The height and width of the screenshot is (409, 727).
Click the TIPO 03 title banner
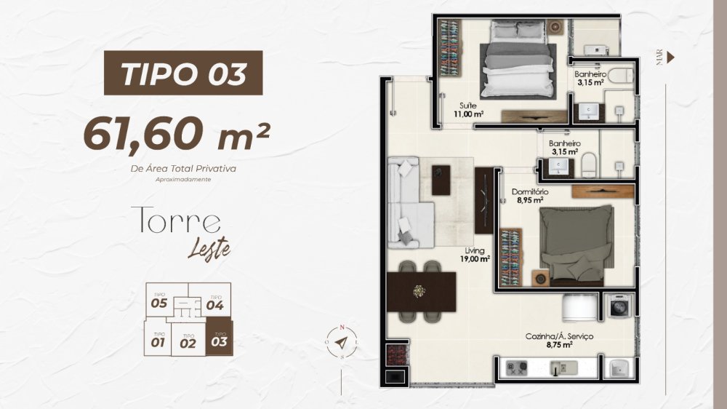183,73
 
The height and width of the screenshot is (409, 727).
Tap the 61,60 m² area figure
177,134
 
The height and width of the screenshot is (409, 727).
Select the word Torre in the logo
176,220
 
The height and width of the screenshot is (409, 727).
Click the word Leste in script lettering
209,250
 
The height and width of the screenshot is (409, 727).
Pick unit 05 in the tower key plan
159,301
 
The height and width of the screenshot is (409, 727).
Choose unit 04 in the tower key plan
214,303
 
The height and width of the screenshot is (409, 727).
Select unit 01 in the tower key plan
158,340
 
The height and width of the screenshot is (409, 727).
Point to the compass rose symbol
342,343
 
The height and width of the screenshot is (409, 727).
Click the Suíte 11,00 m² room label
468,110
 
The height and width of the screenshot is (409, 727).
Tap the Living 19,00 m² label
475,255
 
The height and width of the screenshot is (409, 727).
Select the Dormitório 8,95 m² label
530,196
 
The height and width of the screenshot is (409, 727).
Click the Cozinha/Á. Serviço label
559,340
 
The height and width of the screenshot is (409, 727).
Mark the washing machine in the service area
618,306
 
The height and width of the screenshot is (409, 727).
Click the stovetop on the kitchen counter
516,368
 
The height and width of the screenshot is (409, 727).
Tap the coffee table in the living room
441,180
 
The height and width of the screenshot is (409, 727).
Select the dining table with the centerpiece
422,292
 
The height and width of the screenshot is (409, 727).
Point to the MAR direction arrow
670,57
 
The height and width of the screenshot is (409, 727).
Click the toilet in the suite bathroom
620,76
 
